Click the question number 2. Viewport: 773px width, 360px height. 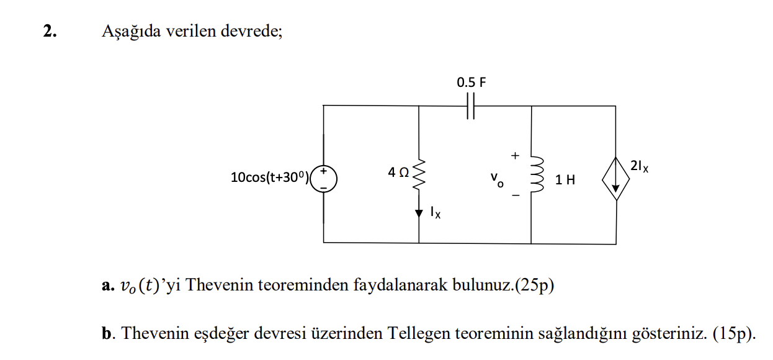click(50, 32)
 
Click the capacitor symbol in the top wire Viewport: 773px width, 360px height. click(470, 106)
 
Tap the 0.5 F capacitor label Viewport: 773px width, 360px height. click(471, 82)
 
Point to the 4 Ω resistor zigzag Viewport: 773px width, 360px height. click(419, 176)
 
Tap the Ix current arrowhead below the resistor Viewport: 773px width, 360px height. click(419, 212)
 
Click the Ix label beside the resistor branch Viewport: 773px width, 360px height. click(436, 213)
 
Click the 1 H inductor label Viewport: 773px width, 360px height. click(565, 180)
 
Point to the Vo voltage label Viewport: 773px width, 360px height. click(496, 179)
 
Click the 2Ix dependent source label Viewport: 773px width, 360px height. click(638, 166)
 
